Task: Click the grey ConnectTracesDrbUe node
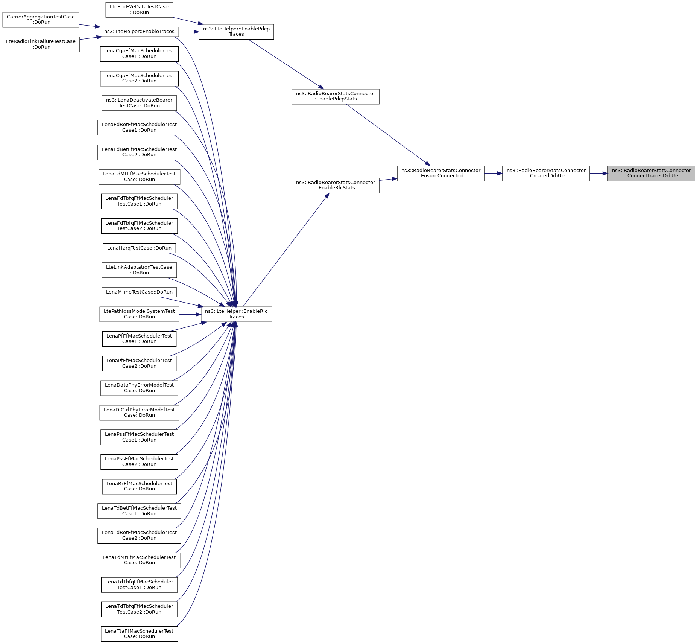[651, 173]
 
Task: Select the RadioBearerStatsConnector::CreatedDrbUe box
[546, 173]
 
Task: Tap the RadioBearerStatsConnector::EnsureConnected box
[440, 173]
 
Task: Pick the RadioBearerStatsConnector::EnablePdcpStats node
[335, 96]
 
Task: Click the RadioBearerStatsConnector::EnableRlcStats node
[335, 185]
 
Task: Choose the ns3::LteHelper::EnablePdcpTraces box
[236, 32]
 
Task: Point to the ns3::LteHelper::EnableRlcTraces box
[236, 314]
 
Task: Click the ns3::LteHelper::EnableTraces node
[139, 32]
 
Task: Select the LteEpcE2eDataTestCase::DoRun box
[139, 9]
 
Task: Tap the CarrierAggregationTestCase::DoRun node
[41, 20]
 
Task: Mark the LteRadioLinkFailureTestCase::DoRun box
[41, 44]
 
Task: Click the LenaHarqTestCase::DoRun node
[139, 248]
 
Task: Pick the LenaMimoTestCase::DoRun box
[139, 292]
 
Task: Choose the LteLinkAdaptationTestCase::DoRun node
[139, 270]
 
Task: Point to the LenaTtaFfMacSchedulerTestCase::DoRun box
[139, 634]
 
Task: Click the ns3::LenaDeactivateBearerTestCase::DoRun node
[139, 103]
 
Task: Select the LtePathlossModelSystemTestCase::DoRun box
[139, 314]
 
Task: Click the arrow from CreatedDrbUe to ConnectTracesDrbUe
[598, 173]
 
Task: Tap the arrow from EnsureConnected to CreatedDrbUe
[493, 173]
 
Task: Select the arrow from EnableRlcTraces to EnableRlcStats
[286, 250]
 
